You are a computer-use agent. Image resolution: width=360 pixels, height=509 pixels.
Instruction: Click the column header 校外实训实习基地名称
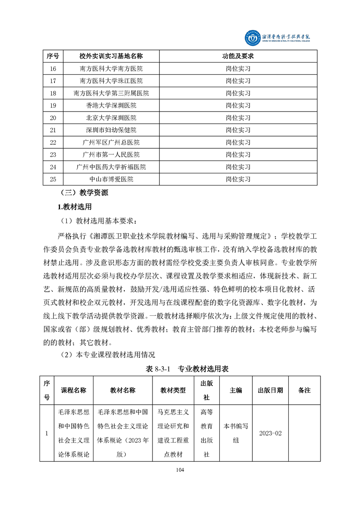[111, 56]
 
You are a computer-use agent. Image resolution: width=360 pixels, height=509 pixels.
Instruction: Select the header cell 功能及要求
[238, 56]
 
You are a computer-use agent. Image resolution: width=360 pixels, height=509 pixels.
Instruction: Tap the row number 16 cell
[53, 69]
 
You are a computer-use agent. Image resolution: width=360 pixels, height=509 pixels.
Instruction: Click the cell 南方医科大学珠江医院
[111, 81]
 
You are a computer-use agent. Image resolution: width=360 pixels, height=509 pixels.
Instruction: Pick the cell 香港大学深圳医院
[111, 105]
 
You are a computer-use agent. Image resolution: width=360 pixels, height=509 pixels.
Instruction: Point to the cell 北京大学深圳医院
[111, 118]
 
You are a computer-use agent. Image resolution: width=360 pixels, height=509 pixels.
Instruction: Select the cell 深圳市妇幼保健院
[111, 130]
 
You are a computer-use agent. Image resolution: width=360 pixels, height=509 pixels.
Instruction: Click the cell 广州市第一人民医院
[111, 155]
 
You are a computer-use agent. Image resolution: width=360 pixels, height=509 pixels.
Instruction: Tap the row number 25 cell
[53, 179]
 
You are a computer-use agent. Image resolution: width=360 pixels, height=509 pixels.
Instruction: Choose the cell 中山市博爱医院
[111, 179]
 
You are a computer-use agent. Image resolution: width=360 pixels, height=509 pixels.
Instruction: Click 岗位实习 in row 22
[238, 142]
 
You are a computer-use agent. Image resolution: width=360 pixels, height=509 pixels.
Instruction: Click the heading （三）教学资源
[84, 193]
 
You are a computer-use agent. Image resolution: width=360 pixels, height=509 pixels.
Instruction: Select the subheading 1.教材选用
[74, 207]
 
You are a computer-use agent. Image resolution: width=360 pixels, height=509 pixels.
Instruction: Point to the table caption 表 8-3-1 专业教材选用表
[187, 369]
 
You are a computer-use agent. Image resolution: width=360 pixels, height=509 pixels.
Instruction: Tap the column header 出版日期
[270, 390]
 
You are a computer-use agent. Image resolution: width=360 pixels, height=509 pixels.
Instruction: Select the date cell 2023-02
[270, 433]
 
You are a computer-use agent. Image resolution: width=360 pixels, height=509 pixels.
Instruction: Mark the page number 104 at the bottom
[180, 470]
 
